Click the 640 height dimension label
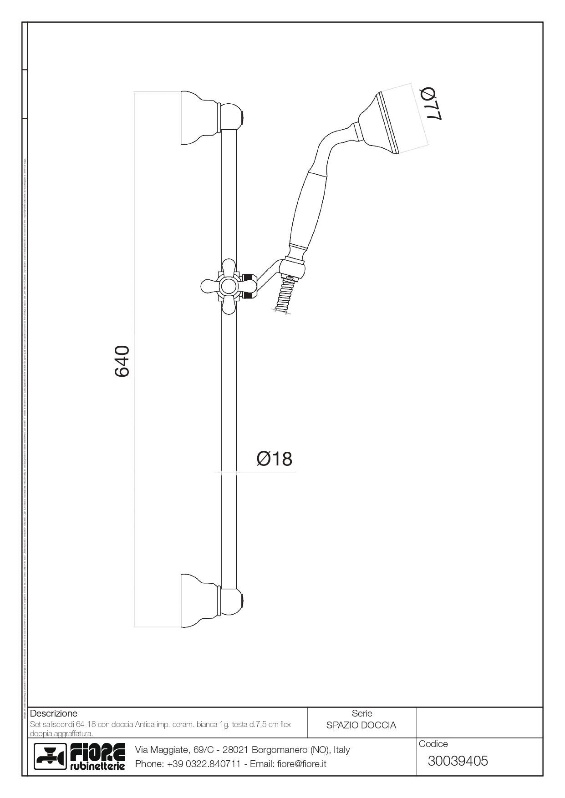(122, 361)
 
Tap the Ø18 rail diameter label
(274, 459)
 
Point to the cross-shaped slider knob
(227, 286)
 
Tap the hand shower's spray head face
(388, 123)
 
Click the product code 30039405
(458, 761)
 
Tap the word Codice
(433, 744)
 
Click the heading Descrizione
(53, 713)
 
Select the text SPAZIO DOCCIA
(361, 725)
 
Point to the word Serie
(362, 713)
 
